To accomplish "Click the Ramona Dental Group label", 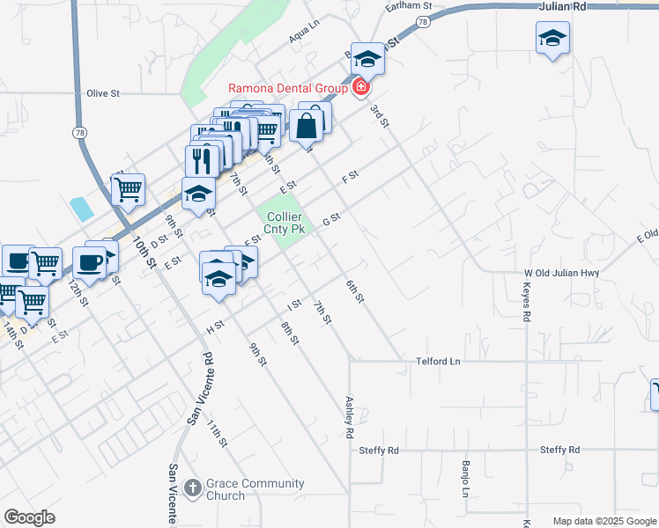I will pyautogui.click(x=287, y=87).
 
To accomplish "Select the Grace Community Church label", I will pyautogui.click(x=255, y=489).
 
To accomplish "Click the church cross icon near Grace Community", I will pyautogui.click(x=195, y=487).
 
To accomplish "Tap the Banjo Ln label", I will pyautogui.click(x=465, y=476).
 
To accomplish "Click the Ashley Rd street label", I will pyautogui.click(x=349, y=417).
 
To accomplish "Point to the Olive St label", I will pyautogui.click(x=103, y=92).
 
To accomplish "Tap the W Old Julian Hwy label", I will pyautogui.click(x=561, y=273).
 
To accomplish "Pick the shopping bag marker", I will pyautogui.click(x=307, y=125).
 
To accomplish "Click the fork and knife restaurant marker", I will pyautogui.click(x=202, y=160).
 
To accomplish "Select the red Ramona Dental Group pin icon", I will pyautogui.click(x=360, y=86).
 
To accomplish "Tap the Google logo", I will pyautogui.click(x=30, y=517).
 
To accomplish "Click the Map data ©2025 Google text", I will pyautogui.click(x=603, y=521).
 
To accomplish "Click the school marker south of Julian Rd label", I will pyautogui.click(x=552, y=38).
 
